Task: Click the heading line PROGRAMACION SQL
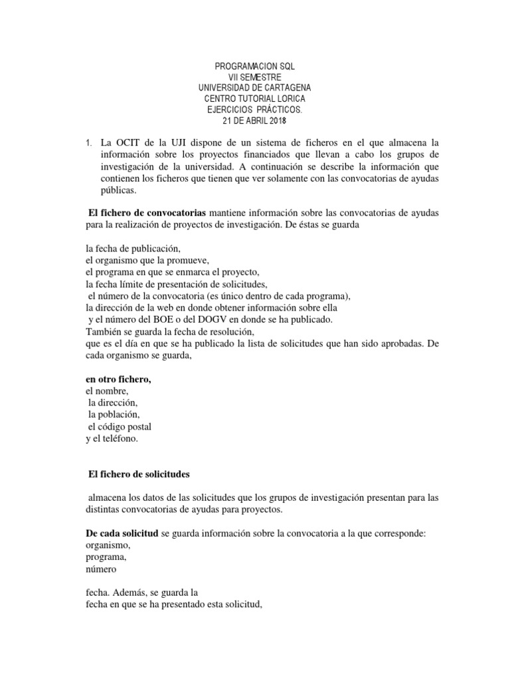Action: (254, 67)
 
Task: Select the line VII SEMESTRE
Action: (254, 77)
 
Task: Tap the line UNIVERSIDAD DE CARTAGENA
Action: (254, 88)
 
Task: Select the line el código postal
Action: (125, 427)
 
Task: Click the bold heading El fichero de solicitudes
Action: (139, 474)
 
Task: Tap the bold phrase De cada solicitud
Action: (122, 534)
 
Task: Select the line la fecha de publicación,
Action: (133, 247)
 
